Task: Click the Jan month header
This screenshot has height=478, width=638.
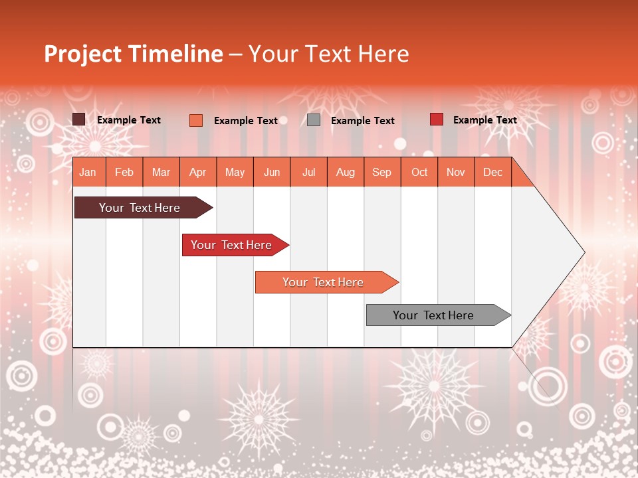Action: coord(88,173)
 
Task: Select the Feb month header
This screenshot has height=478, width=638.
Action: coord(124,173)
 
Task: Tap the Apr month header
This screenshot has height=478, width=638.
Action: coord(198,173)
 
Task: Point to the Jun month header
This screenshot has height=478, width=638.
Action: coord(272,173)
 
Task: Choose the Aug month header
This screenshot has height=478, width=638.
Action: coord(346,173)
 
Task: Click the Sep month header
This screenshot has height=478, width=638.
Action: coord(382,173)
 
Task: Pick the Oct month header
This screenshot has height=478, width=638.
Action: coord(419,173)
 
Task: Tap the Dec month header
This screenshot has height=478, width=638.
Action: coord(493,173)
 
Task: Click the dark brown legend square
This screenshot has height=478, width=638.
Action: coord(79,119)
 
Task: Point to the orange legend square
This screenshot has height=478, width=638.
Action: coord(196,120)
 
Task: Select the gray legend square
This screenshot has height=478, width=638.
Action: coord(314,120)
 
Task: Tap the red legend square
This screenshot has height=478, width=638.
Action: coord(437,119)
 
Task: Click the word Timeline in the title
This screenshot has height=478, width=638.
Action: coord(175,54)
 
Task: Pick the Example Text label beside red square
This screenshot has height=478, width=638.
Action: coord(485,120)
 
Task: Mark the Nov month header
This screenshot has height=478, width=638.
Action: coord(456,173)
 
